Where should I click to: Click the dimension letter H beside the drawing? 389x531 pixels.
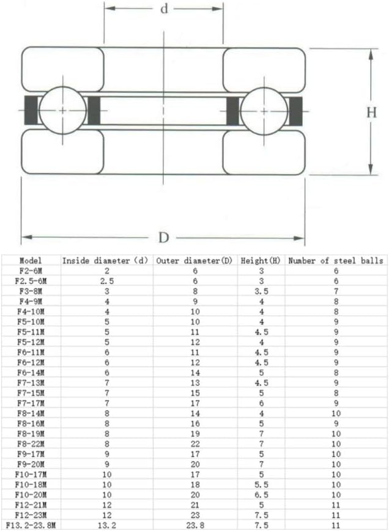(x=371, y=112)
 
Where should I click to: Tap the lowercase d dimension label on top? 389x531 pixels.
(x=164, y=9)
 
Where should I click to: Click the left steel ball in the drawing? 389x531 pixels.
(x=63, y=111)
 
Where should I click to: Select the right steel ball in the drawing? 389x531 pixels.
(x=264, y=111)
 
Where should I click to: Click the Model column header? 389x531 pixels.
(x=30, y=261)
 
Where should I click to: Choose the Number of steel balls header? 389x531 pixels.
(x=336, y=261)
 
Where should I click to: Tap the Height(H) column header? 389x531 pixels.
(x=261, y=261)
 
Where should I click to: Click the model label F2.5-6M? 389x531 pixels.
(x=30, y=281)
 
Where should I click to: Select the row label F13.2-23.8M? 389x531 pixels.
(x=30, y=525)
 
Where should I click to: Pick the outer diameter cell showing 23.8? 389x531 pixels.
(x=195, y=525)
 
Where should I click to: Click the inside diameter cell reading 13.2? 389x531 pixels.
(x=106, y=525)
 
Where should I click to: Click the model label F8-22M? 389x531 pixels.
(x=30, y=444)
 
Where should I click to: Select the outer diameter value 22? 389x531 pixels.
(x=195, y=444)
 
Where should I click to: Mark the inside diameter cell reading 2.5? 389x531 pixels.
(x=106, y=281)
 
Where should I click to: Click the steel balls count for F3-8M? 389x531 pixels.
(x=336, y=291)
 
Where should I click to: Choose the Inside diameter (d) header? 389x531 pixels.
(x=106, y=261)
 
